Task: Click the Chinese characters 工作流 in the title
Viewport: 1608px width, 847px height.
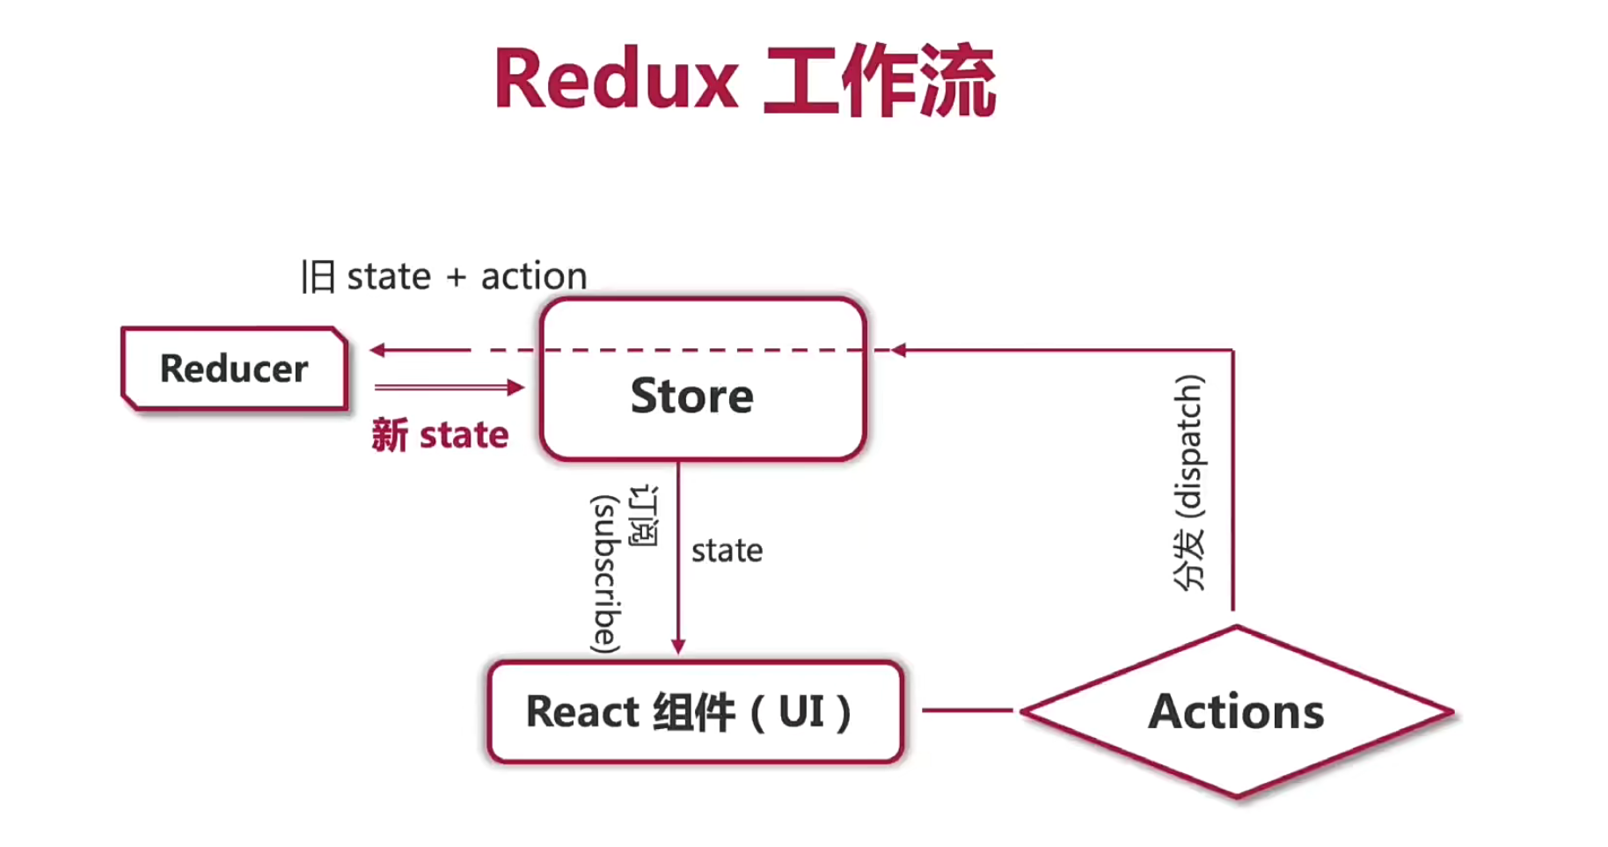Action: click(x=880, y=81)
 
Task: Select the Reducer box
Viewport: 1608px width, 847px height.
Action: click(x=234, y=369)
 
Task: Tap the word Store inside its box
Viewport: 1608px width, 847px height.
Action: click(x=692, y=396)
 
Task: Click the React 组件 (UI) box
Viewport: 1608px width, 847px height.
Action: click(x=695, y=712)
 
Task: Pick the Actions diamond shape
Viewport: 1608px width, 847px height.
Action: click(x=1236, y=712)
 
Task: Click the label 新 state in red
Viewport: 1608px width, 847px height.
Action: click(x=440, y=435)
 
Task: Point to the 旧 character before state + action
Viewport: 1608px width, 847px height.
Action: click(x=318, y=277)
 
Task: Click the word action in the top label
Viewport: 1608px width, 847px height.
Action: click(x=533, y=277)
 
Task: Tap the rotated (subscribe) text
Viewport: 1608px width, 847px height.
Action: click(x=605, y=574)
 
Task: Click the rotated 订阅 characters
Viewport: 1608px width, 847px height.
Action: click(x=644, y=515)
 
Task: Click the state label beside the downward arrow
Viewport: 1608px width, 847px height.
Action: click(x=727, y=551)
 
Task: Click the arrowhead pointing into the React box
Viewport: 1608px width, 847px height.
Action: click(x=678, y=646)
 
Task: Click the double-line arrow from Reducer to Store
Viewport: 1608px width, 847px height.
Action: click(x=449, y=387)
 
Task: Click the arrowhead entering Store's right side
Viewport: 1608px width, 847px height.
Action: click(x=899, y=350)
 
